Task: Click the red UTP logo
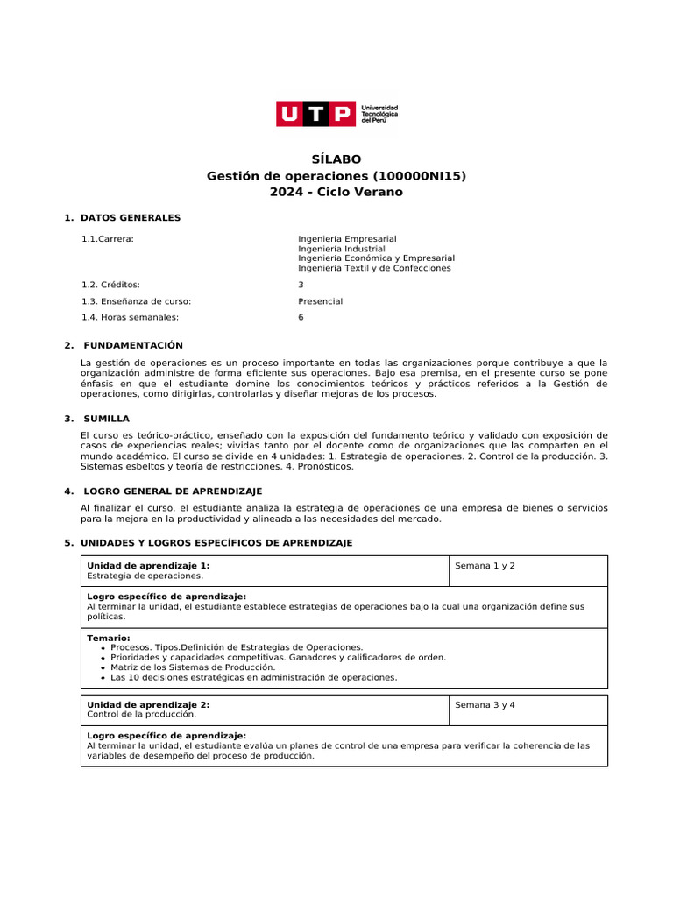(317, 114)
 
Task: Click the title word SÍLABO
(336, 159)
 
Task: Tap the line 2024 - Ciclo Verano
(336, 192)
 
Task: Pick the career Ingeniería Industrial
(341, 249)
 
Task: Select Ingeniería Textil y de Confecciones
(374, 268)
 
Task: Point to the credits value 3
(301, 285)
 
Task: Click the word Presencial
(320, 301)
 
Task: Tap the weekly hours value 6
(301, 317)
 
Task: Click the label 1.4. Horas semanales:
(130, 317)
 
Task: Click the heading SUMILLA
(106, 419)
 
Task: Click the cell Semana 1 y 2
(485, 566)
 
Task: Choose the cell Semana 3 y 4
(485, 705)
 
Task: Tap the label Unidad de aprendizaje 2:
(148, 704)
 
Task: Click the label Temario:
(108, 638)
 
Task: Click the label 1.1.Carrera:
(108, 239)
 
